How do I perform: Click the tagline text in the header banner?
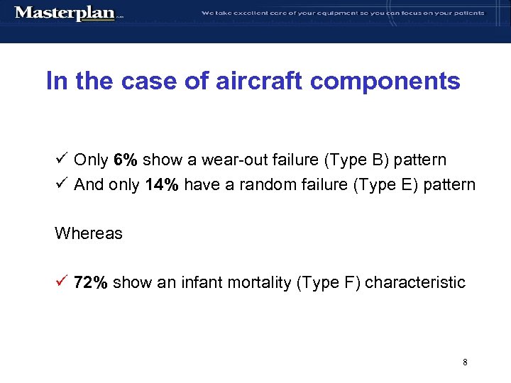pos(343,13)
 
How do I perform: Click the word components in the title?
pos(385,81)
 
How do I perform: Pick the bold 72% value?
pos(91,283)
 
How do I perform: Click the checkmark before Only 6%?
pos(61,160)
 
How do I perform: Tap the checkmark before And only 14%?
pos(61,184)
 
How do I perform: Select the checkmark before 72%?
pos(61,282)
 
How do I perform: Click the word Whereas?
pos(88,234)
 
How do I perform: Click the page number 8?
pos(465,362)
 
